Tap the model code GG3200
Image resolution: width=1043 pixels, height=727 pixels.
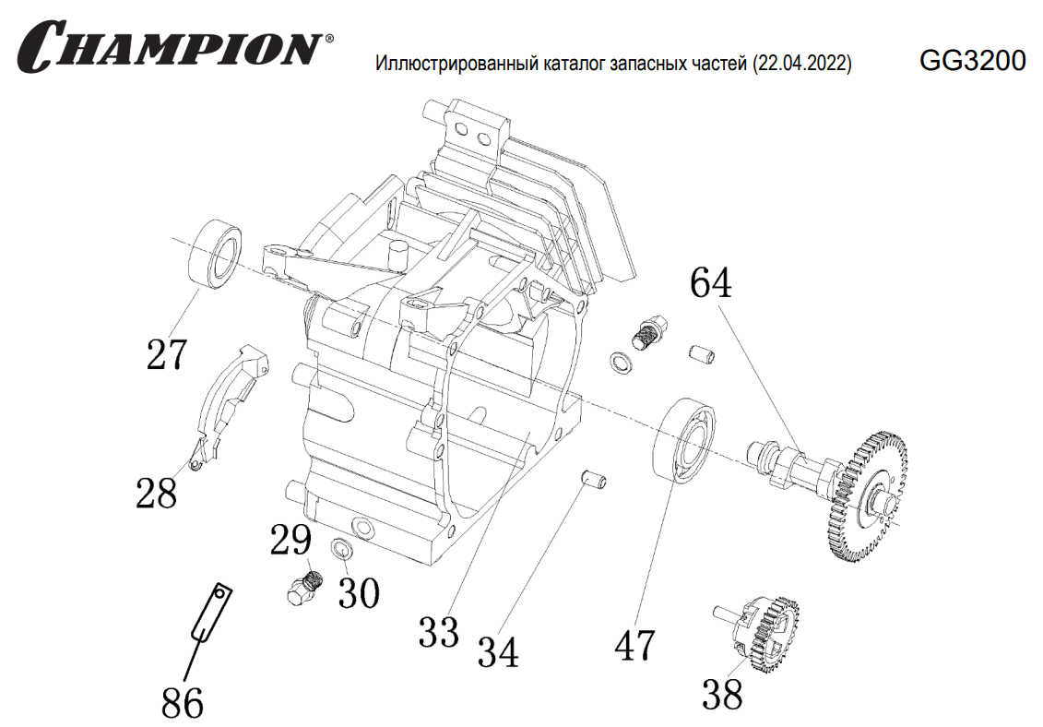[x=972, y=61]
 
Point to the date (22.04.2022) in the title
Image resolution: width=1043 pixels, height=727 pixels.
[x=801, y=65]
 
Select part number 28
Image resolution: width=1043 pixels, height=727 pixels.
[x=156, y=493]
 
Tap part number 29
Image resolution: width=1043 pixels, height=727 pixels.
[x=290, y=541]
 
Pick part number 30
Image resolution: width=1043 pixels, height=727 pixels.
[x=359, y=593]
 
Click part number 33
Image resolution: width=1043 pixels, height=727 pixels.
[x=438, y=633]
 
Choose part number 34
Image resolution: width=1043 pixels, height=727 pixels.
[x=497, y=653]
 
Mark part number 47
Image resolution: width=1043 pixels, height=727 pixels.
[x=635, y=645]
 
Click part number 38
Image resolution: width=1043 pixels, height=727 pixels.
[x=722, y=695]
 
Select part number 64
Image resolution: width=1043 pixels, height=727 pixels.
[x=711, y=282]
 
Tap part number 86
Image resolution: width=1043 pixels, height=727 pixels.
[x=182, y=704]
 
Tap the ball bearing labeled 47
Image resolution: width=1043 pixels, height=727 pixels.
[x=688, y=440]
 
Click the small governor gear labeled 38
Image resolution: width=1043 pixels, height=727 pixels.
[x=764, y=635]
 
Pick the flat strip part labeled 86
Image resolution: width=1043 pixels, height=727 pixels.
[x=210, y=613]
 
